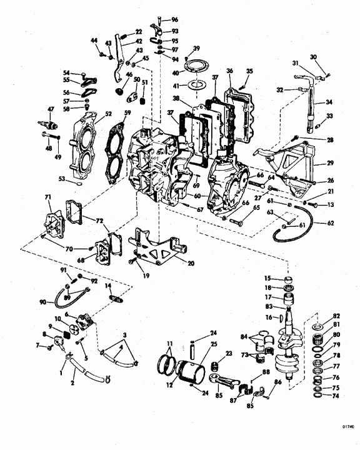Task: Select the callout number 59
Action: pos(127,113)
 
